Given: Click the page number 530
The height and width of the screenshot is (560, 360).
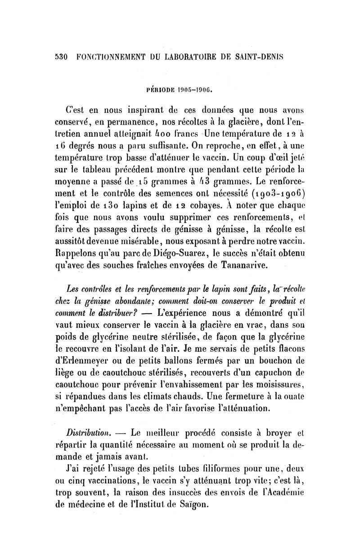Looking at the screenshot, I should [60, 58].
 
